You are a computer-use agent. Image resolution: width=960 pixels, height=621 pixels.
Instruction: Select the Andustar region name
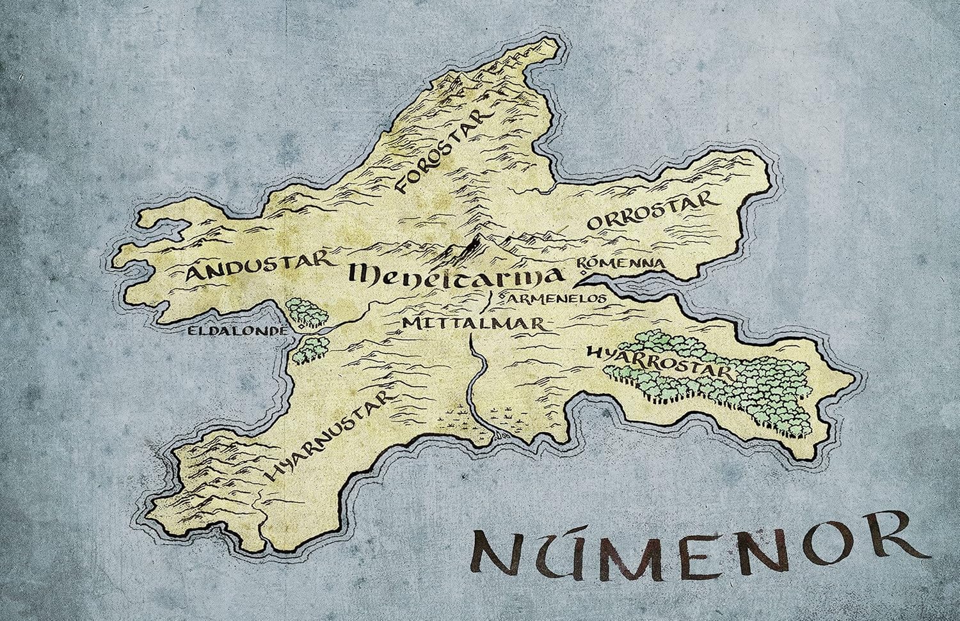tap(260, 267)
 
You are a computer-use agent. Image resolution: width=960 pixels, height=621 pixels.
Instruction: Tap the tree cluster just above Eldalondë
tap(306, 311)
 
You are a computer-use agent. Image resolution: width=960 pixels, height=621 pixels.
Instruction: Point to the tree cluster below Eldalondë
tap(309, 349)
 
